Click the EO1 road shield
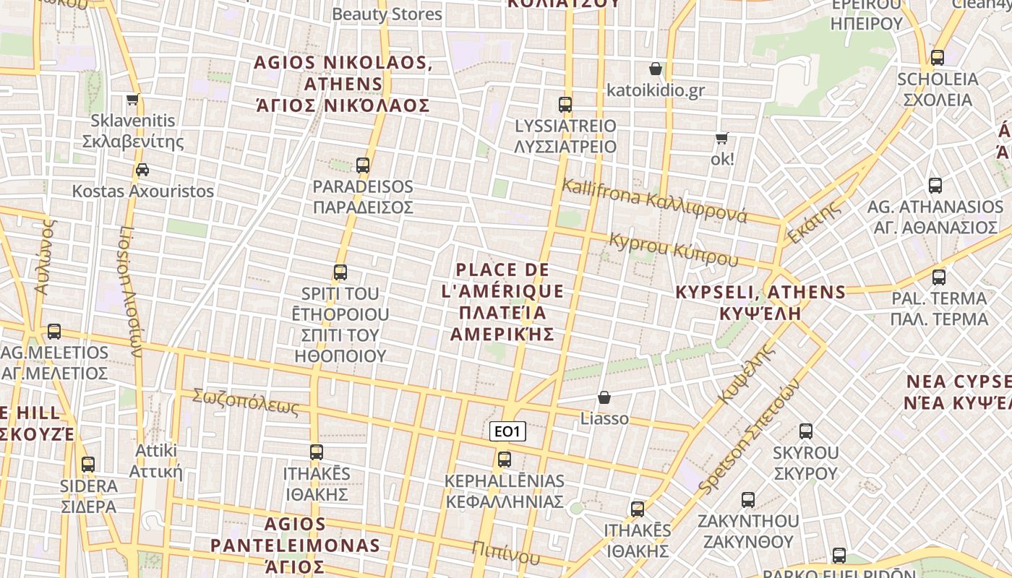click(507, 431)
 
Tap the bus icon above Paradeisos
click(363, 165)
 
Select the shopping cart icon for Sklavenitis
click(132, 99)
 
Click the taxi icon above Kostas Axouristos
click(142, 170)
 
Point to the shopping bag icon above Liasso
click(604, 397)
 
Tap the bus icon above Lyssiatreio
click(565, 105)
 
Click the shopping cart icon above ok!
click(721, 137)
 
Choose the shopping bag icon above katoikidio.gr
click(656, 69)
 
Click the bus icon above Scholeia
click(938, 58)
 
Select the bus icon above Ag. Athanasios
click(935, 186)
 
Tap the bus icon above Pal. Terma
click(939, 277)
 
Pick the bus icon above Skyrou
click(806, 431)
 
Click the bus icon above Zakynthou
click(748, 499)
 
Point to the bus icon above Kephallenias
click(505, 459)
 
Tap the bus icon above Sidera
click(88, 464)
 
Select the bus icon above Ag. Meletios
click(54, 332)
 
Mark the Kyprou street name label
click(674, 249)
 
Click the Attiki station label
click(155, 461)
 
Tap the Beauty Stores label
click(387, 14)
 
